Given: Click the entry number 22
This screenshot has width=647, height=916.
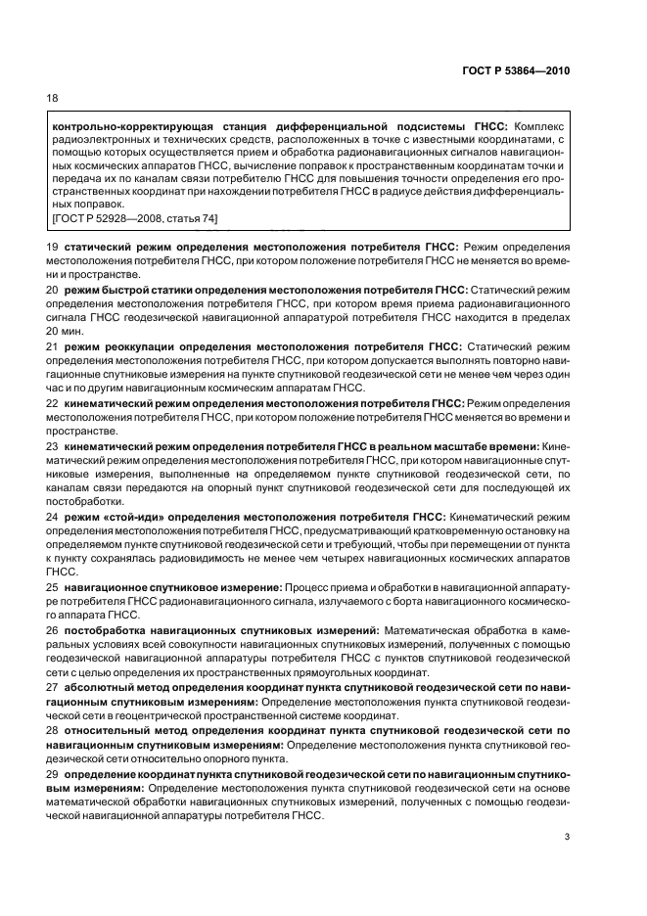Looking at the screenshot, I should [x=53, y=402].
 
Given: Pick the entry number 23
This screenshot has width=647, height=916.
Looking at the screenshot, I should [x=53, y=446].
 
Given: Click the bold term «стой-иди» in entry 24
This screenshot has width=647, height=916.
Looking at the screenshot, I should [x=101, y=516].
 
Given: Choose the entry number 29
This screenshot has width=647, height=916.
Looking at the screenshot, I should [x=53, y=774].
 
